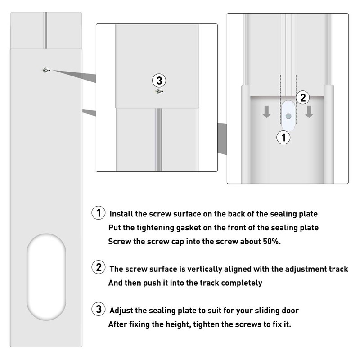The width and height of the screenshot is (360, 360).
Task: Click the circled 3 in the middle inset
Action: click(159, 81)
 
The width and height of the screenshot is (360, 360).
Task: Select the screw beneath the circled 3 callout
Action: click(158, 91)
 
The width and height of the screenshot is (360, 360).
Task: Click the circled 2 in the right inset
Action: click(303, 97)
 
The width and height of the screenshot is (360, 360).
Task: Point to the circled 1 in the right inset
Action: click(283, 138)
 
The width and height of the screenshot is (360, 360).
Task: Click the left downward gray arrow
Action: click(267, 112)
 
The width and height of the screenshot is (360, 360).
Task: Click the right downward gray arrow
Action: click(309, 112)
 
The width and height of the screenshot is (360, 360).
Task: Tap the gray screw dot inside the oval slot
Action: click(288, 116)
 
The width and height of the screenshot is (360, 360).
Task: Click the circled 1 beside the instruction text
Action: click(99, 213)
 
